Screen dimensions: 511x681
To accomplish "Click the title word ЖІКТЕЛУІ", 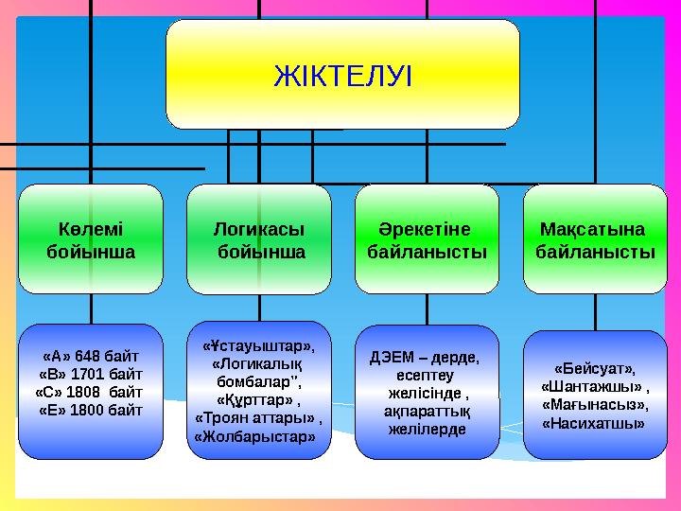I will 342,75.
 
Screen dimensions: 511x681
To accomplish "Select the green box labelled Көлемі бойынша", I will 91,240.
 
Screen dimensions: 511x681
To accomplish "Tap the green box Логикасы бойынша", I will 258,240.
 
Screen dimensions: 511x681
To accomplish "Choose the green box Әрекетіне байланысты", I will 427,240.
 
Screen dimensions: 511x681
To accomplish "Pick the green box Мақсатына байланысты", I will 594,240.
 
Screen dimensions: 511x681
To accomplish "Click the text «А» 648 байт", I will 91,357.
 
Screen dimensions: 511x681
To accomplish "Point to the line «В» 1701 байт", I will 91,374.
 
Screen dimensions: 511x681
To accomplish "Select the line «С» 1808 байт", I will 89,391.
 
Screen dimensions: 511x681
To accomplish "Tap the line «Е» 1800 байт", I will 91,409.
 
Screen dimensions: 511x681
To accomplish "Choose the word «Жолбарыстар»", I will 255,436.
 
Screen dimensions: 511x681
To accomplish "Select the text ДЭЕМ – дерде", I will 425,358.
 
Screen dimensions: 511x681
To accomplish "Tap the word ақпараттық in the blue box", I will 427,412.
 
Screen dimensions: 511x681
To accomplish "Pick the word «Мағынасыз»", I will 595,404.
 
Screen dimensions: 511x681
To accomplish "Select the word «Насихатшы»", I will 594,423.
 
